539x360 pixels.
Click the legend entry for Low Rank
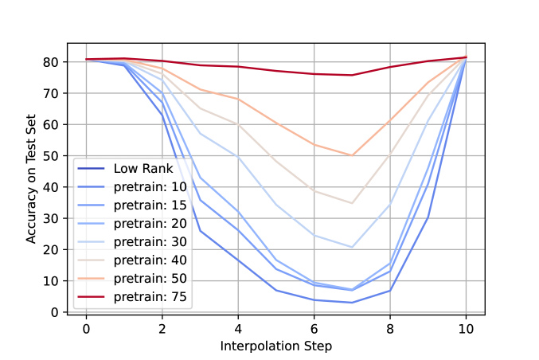138,168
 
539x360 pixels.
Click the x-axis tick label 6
314,328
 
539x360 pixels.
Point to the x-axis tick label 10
466,328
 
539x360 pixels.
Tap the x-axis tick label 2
162,328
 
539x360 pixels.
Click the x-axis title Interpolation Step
275,346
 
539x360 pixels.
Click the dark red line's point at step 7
352,75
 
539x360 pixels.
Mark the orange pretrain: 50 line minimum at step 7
352,155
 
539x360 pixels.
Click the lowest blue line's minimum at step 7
352,303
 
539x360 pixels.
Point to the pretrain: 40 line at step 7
352,203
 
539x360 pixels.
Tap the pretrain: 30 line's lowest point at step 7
352,247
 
